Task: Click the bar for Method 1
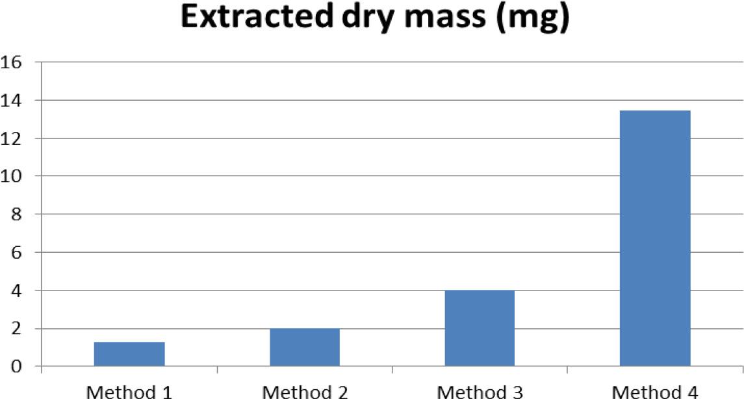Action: click(129, 354)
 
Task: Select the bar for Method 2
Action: click(305, 348)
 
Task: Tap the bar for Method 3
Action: click(480, 329)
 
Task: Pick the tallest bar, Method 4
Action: click(655, 239)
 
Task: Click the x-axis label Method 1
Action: click(129, 391)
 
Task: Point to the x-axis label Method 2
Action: click(305, 391)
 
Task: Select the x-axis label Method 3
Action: click(480, 391)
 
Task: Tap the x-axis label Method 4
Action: click(655, 391)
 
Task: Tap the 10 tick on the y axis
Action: click(13, 176)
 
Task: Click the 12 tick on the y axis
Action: click(13, 138)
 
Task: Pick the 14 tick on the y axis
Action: click(13, 100)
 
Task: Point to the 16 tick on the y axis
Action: click(13, 62)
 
